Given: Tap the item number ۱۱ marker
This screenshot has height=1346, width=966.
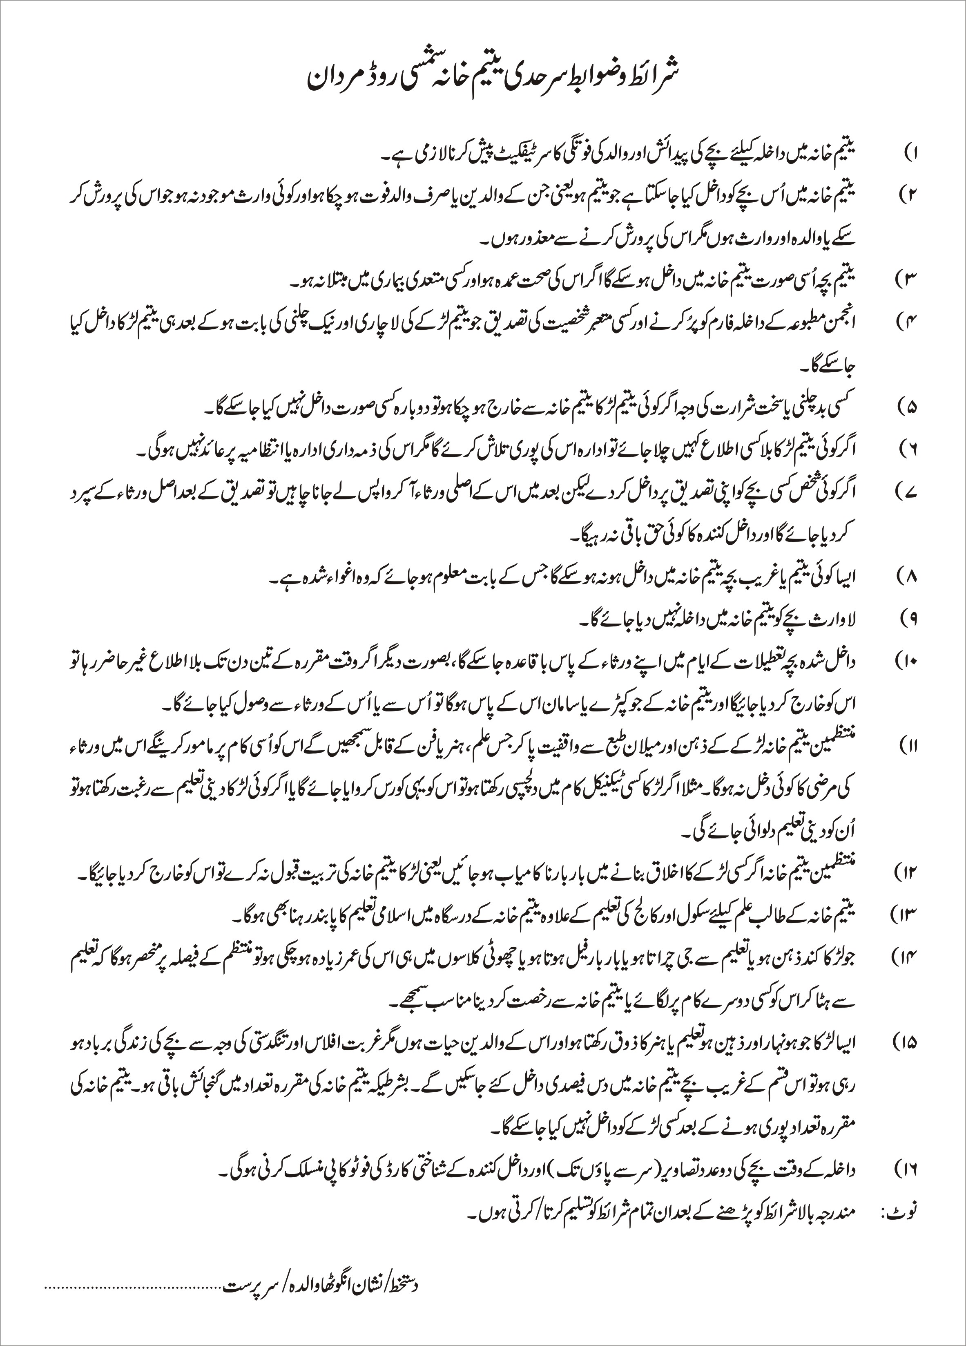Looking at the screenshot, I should point(909,745).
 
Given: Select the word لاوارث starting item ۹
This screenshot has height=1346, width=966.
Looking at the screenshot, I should point(845,618).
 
